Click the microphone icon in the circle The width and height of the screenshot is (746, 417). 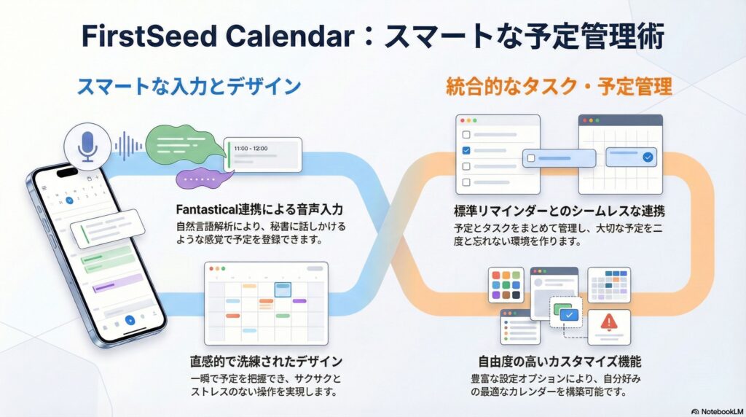point(87,146)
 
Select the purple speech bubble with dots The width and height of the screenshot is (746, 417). point(203,179)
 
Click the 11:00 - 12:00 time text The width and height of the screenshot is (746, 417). point(251,149)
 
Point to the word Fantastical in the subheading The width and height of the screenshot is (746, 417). point(206,209)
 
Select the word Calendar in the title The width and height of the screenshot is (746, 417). point(290,36)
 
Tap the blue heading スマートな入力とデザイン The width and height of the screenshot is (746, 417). point(189,87)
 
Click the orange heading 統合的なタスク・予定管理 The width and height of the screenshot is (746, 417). point(559,87)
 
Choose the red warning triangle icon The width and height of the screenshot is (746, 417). point(609,322)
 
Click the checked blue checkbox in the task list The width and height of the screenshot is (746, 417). point(466,150)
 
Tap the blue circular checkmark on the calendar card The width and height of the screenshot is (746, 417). point(648,157)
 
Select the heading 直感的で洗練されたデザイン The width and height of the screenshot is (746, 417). point(266,362)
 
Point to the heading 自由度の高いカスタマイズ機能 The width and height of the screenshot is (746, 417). point(559,362)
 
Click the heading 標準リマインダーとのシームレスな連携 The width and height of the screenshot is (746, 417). point(559,211)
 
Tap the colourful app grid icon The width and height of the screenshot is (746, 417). point(506,284)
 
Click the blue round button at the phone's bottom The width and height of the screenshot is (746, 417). point(130,320)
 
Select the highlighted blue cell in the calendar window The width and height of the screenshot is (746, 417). point(283,289)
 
